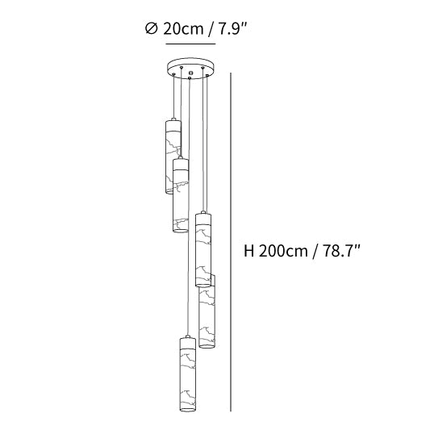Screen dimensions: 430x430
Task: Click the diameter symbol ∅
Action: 152,28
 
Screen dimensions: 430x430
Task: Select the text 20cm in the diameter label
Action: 183,29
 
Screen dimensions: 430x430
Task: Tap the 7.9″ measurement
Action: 232,28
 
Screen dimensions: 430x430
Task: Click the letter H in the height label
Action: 249,251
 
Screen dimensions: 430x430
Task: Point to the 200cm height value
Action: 283,251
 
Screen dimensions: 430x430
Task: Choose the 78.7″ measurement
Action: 341,250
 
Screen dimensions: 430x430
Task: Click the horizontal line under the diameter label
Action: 190,44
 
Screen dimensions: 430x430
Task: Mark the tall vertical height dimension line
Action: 231,242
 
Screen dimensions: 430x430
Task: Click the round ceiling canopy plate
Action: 191,68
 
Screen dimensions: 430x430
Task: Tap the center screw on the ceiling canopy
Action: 191,73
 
